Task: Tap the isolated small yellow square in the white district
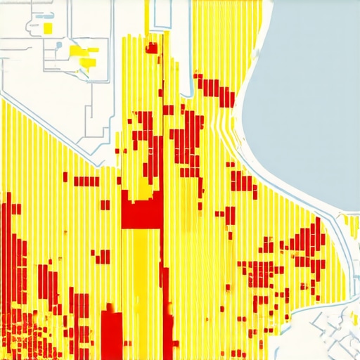(x=48, y=27)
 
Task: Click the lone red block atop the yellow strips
(x=151, y=48)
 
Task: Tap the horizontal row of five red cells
(x=86, y=181)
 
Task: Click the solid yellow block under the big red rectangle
(x=141, y=260)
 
